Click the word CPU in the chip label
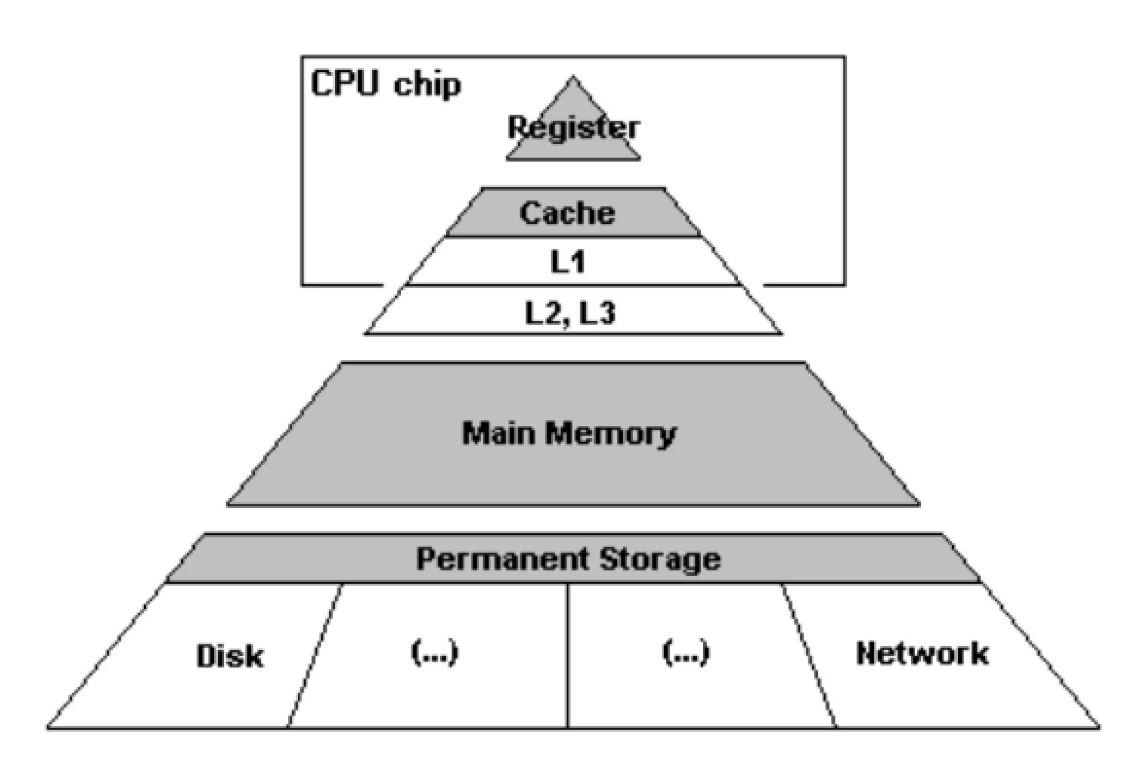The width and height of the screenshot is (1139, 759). (344, 83)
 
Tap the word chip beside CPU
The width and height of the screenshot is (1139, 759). (427, 85)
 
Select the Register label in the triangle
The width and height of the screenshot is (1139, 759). (573, 128)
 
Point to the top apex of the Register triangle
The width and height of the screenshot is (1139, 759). (573, 77)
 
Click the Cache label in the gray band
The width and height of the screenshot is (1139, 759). (567, 214)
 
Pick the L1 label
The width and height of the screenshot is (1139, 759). (568, 262)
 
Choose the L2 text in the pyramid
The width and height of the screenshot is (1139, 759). (543, 313)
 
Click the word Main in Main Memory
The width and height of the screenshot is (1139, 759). (499, 433)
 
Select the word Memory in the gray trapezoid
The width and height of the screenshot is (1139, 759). (611, 434)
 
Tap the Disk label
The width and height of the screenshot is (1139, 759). (230, 656)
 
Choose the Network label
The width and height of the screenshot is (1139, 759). (922, 654)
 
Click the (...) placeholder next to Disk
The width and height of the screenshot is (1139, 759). (435, 653)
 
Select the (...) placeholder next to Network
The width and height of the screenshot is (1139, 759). (686, 653)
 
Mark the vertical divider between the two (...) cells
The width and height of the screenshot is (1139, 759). (568, 655)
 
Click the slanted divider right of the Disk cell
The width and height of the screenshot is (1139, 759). (315, 655)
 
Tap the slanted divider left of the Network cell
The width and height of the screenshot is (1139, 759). (809, 655)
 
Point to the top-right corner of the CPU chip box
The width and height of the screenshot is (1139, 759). (845, 56)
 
